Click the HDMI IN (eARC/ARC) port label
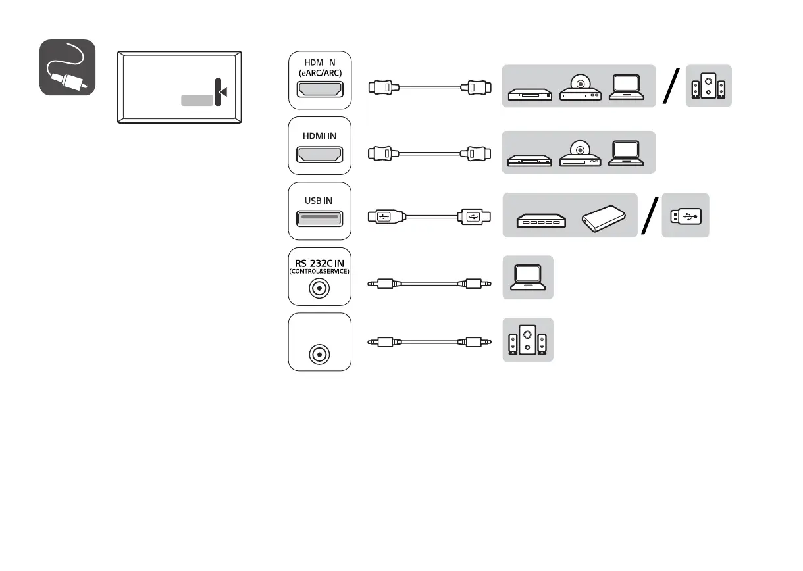(320, 67)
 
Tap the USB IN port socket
(320, 218)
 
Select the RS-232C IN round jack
(320, 287)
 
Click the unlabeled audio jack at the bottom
(320, 354)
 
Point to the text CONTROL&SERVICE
(320, 271)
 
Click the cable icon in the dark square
(67, 68)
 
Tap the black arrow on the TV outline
(222, 92)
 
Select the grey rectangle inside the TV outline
(197, 100)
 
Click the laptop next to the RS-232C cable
(528, 278)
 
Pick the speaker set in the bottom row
(528, 340)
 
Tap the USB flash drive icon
(686, 215)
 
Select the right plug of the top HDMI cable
(476, 86)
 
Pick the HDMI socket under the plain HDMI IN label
(320, 155)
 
